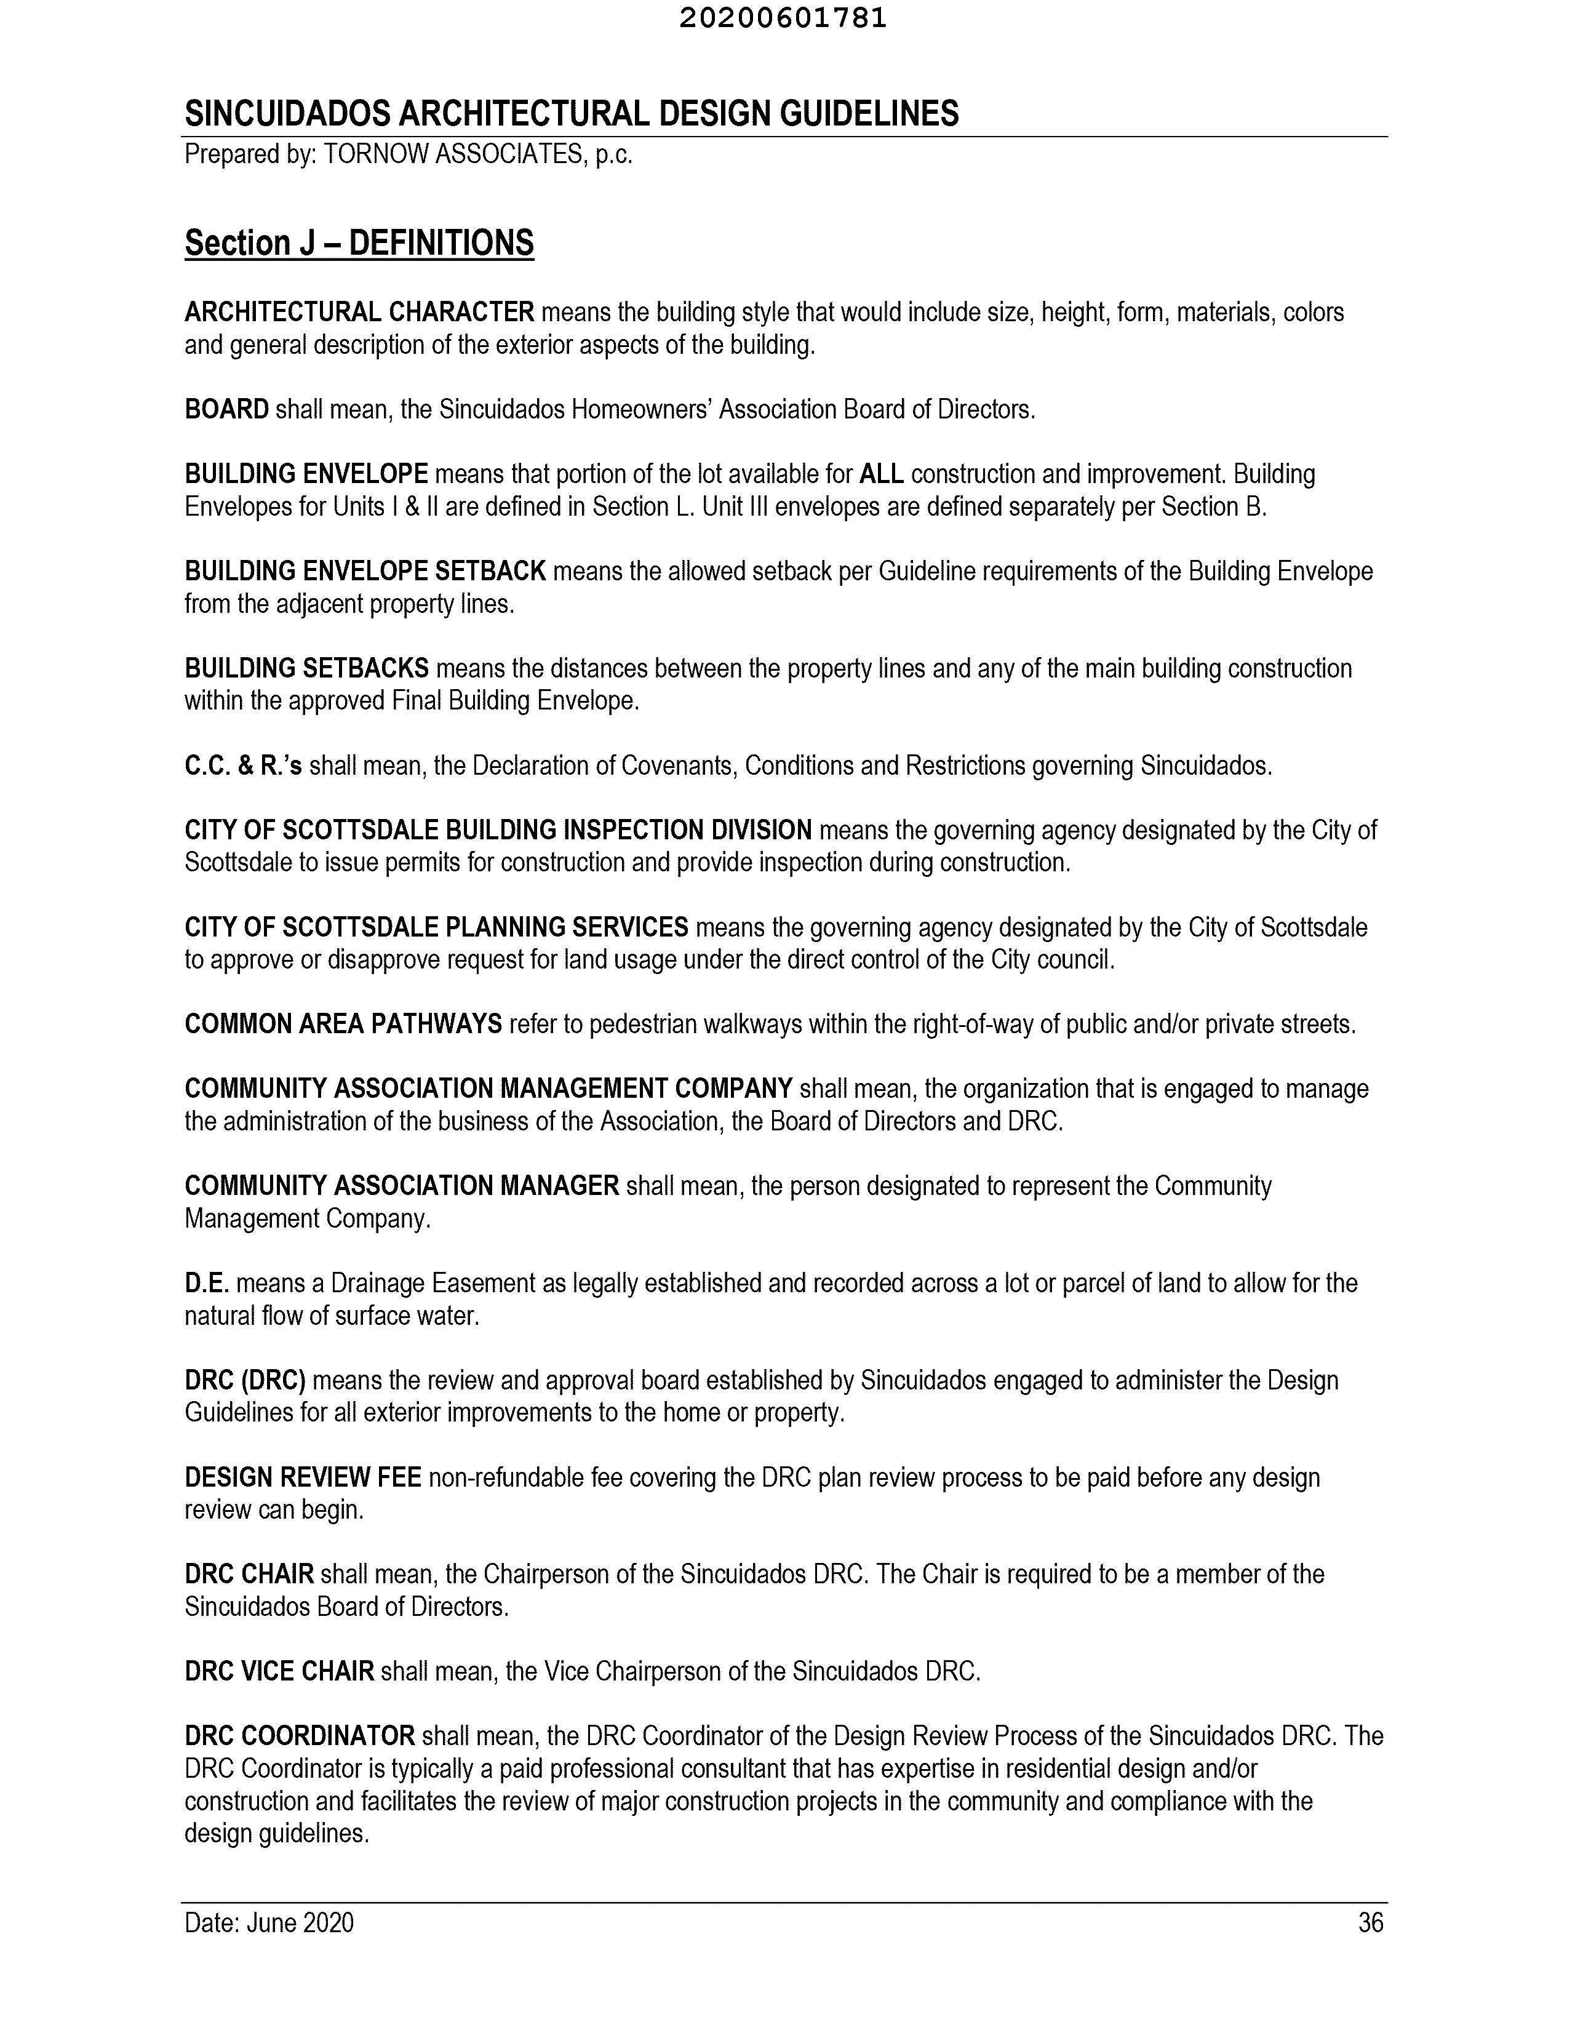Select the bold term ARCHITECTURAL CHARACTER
coord(359,312)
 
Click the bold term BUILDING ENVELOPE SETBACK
coord(365,571)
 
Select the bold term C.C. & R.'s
coord(242,766)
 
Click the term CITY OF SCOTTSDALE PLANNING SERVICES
coord(436,927)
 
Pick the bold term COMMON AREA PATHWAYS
coord(343,1025)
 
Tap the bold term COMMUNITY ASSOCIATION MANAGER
coord(401,1186)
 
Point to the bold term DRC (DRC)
coord(244,1380)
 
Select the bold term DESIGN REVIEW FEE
coord(302,1478)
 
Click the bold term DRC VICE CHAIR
coord(279,1671)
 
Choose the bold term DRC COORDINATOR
coord(300,1736)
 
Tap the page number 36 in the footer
coord(1370,1923)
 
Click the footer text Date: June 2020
coord(269,1923)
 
